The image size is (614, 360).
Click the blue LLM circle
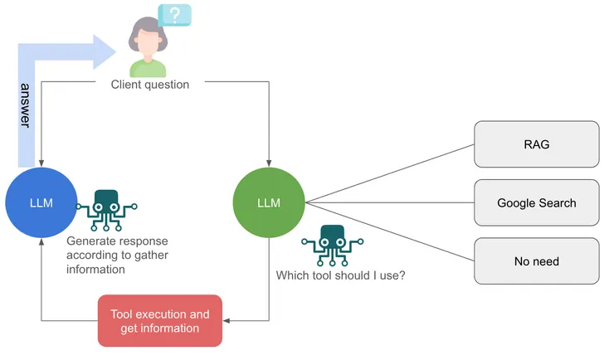point(41,203)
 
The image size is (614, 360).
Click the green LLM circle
point(269,202)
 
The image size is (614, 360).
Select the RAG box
point(536,144)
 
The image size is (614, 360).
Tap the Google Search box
point(536,202)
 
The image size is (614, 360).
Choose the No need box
point(536,261)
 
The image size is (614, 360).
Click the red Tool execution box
point(160,321)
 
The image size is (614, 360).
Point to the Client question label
point(150,84)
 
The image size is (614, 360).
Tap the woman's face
point(144,36)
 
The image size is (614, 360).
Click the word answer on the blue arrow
point(26,105)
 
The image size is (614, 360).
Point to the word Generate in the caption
point(90,241)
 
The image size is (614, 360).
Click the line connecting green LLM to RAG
point(390,173)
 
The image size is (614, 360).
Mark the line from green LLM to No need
point(390,232)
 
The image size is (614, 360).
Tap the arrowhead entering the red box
point(227,321)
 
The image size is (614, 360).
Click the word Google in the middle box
point(516,202)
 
